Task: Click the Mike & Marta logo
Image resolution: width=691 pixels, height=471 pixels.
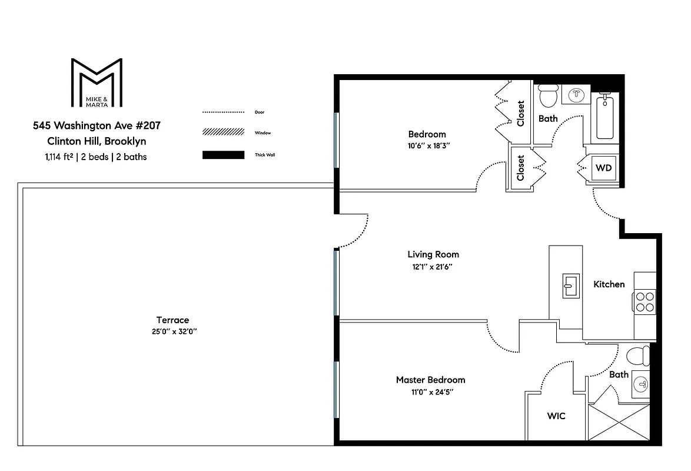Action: click(x=97, y=82)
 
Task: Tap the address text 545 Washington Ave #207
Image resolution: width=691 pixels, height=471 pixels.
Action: click(x=97, y=125)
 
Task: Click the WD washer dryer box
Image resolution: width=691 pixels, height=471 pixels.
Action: click(x=604, y=168)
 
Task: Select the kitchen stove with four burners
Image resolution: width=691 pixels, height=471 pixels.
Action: click(x=645, y=301)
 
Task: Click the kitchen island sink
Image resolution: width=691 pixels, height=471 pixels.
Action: click(x=569, y=286)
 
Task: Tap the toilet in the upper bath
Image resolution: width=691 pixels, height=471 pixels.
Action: click(x=549, y=95)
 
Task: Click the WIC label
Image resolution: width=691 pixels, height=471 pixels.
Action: click(x=556, y=416)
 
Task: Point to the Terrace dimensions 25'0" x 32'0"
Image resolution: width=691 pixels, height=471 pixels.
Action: click(x=173, y=331)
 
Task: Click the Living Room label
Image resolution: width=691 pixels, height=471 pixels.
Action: click(x=433, y=254)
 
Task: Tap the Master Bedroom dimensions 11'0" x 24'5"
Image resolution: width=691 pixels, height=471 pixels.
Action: click(x=430, y=391)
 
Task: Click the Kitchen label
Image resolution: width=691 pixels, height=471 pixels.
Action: click(x=609, y=284)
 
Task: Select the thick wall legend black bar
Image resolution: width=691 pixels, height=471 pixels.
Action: click(x=223, y=155)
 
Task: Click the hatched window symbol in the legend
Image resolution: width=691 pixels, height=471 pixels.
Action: click(x=223, y=133)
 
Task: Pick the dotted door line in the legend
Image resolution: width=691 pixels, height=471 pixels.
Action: click(x=223, y=112)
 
